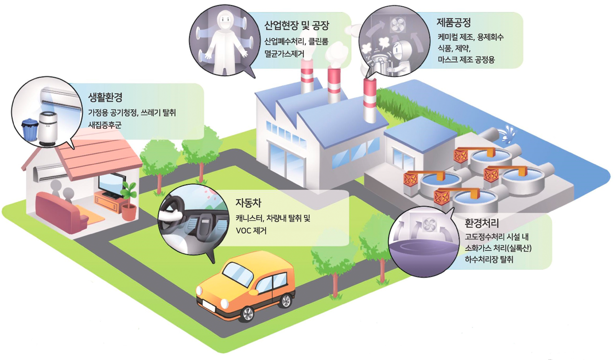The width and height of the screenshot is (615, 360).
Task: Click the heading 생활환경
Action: (105, 97)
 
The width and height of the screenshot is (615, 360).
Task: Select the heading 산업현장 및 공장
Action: (297, 25)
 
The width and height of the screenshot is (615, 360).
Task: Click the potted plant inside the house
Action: (128, 202)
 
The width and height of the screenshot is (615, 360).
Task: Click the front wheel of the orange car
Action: (247, 314)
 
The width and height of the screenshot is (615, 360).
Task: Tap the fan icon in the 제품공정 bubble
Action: (397, 24)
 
